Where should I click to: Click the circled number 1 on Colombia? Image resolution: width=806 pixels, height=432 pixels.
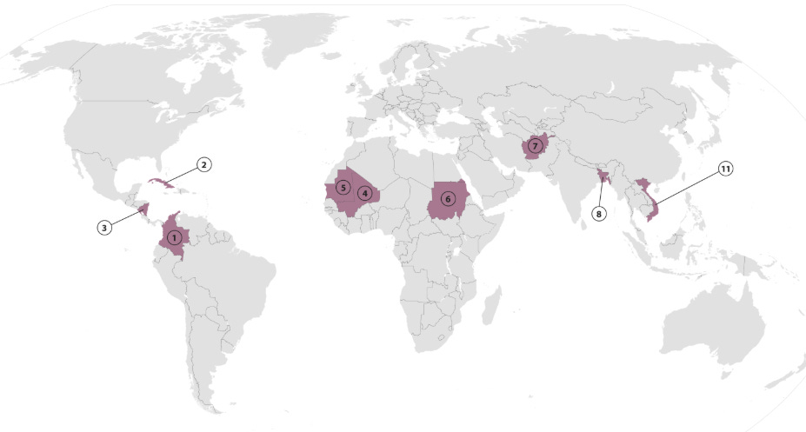click(x=175, y=236)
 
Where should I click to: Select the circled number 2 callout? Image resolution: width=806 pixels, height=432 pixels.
click(x=203, y=164)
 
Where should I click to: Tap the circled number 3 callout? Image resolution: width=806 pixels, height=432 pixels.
click(x=103, y=227)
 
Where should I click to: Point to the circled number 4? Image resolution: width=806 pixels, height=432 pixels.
click(x=365, y=193)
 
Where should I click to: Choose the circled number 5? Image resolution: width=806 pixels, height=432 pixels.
click(x=343, y=187)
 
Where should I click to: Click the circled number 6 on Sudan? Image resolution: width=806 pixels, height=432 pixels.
click(x=447, y=198)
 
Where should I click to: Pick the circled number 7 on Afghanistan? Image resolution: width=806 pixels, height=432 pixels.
click(x=535, y=145)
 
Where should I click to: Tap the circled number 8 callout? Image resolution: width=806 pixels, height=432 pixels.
click(x=598, y=211)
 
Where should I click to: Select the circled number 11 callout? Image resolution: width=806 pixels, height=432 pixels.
click(x=725, y=169)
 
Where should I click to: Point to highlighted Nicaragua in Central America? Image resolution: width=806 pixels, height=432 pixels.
click(x=143, y=209)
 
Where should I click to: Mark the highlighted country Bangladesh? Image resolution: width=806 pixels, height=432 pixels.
click(x=602, y=177)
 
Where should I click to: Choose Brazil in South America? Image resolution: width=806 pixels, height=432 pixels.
click(x=235, y=278)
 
